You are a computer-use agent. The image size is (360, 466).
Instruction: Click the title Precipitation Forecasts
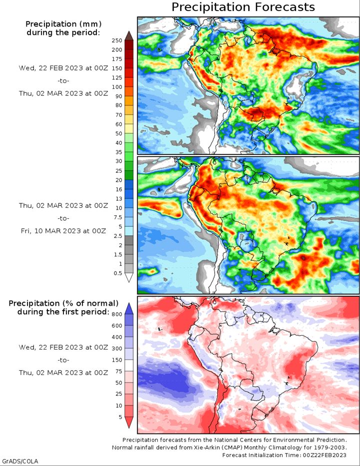tap(243, 7)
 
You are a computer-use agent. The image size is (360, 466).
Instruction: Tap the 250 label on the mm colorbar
tap(117, 41)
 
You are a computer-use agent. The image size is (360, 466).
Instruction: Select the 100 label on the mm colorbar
tap(117, 87)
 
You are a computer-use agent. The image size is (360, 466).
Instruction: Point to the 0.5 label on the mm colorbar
tap(118, 273)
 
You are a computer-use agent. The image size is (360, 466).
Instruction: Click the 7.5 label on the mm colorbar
tap(118, 217)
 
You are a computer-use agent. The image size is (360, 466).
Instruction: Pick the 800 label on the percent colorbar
tap(117, 315)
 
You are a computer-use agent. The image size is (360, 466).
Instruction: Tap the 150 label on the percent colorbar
tap(117, 360)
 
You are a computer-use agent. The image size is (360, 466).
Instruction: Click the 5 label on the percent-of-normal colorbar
tap(120, 417)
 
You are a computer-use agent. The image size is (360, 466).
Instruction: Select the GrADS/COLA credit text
tap(20, 461)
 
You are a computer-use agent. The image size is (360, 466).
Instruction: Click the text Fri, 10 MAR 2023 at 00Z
tap(63, 231)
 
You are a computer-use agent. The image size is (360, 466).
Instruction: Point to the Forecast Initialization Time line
tap(284, 455)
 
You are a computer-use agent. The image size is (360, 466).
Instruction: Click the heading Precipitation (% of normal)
tap(63, 303)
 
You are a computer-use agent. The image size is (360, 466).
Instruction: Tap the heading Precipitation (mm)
tap(63, 24)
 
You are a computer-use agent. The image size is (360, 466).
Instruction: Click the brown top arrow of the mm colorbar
tap(129, 35)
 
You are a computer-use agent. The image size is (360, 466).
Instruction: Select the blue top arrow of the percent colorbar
tap(129, 309)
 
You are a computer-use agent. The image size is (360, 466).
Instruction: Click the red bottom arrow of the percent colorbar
tap(129, 422)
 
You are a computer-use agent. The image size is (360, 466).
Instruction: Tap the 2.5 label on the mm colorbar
tap(118, 236)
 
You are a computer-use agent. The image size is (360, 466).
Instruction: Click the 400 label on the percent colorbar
tap(117, 337)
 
